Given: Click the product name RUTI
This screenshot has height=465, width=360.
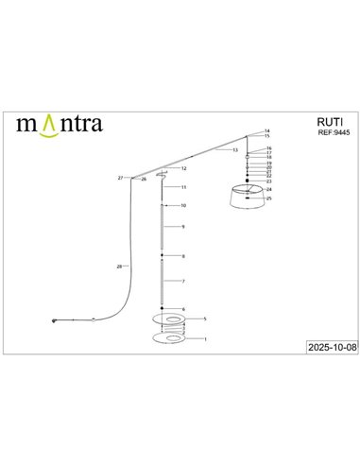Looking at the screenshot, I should (325, 122).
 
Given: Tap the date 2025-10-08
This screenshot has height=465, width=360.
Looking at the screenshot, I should (323, 348).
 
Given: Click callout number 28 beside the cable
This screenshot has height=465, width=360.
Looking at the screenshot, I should (118, 267).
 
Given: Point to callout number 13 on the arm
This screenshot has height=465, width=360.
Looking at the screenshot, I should (234, 150).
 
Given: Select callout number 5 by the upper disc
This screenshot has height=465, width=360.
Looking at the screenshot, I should (205, 320).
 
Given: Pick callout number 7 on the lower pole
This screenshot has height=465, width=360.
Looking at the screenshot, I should (182, 282).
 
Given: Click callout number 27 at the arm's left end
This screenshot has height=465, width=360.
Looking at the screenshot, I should (120, 178).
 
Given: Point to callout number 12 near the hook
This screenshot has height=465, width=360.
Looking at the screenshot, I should (183, 168).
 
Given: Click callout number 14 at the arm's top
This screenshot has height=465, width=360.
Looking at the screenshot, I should (267, 130).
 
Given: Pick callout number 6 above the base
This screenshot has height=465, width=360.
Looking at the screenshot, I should (183, 309).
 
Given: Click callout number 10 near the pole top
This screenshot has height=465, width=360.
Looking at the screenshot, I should (183, 205).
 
